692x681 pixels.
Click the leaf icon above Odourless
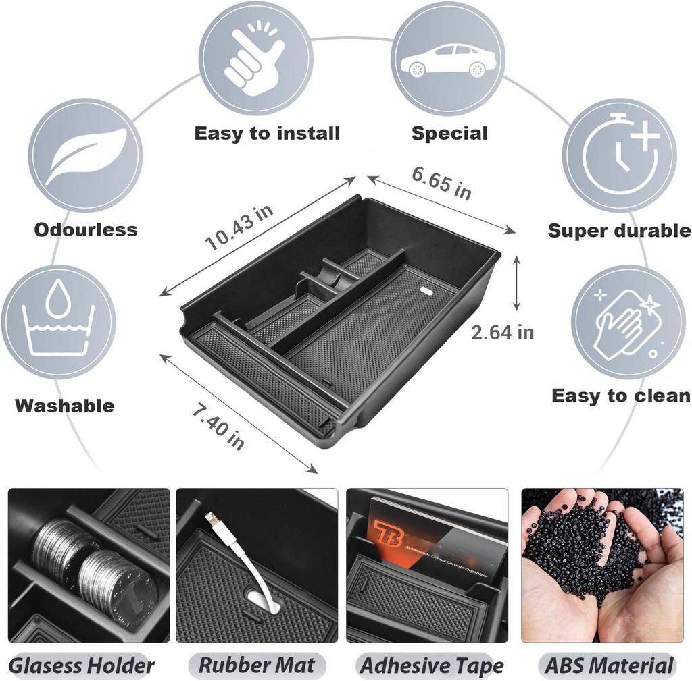tap(85, 156)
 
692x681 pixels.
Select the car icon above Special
tap(447, 59)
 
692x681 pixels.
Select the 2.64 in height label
tap(503, 332)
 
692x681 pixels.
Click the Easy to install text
tap(267, 134)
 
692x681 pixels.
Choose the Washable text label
tap(64, 406)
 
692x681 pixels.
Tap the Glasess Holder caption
tap(82, 665)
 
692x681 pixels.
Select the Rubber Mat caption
tap(257, 665)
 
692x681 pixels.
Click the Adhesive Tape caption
tap(432, 665)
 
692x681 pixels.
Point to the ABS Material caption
tap(610, 665)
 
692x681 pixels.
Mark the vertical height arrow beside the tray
tap(518, 283)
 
